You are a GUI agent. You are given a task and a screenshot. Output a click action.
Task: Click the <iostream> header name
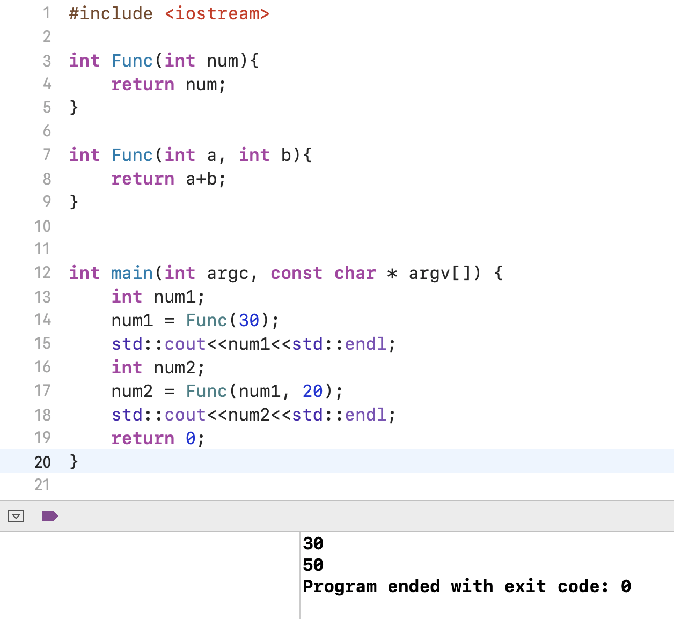click(217, 13)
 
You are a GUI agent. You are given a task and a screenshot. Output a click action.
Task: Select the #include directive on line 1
click(111, 13)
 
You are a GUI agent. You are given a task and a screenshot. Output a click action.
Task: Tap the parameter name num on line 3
click(222, 61)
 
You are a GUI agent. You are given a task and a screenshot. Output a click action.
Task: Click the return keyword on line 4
click(143, 84)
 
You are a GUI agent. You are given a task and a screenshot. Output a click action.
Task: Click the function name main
click(132, 273)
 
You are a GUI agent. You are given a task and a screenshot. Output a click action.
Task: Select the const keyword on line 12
click(296, 273)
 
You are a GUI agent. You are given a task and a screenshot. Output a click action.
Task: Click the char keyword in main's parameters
click(355, 273)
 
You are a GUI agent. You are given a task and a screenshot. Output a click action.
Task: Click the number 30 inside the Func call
click(249, 320)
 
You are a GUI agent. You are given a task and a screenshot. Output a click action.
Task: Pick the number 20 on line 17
click(312, 391)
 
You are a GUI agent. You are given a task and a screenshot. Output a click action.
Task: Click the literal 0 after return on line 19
click(191, 438)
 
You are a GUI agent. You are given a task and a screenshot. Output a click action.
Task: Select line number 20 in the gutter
click(42, 462)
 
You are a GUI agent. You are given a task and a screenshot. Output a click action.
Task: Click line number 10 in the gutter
click(42, 226)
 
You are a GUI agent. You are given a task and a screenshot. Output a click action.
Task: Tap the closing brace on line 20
click(74, 462)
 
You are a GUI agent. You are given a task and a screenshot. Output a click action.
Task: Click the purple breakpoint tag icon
click(50, 516)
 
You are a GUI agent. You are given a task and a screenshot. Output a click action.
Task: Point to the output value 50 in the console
click(313, 565)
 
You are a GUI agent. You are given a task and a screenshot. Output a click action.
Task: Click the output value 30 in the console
click(313, 543)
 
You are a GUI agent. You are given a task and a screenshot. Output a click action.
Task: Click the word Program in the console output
click(340, 586)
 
